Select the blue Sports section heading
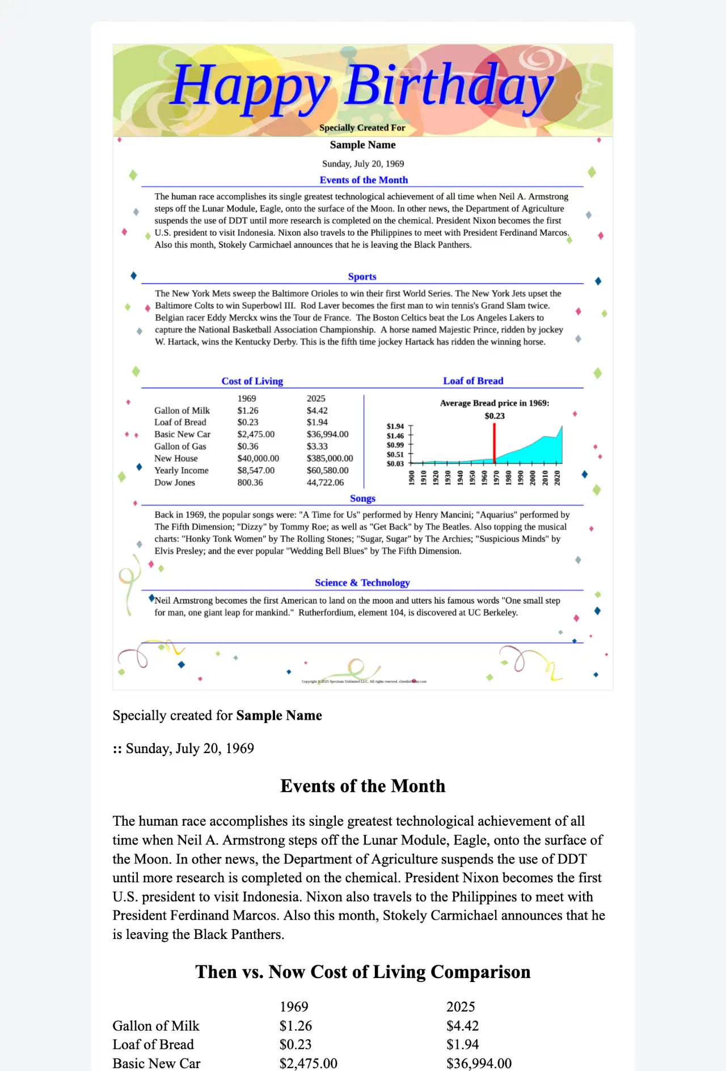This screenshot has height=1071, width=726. point(362,277)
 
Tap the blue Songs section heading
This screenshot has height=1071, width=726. point(362,498)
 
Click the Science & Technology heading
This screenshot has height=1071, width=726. point(362,583)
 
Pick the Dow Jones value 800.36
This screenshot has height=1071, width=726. point(250,482)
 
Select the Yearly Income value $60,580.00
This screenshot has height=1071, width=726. point(327,470)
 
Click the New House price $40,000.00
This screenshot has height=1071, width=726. point(258,458)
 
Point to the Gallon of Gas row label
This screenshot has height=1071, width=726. point(180,447)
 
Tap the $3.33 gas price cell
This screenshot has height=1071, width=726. point(317,447)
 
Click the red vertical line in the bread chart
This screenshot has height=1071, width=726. point(495,443)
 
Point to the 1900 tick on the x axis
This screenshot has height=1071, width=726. point(412,477)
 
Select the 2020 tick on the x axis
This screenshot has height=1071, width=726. point(557,477)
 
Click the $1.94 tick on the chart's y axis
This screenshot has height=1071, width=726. point(395,426)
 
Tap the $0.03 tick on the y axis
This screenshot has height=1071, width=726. point(395,464)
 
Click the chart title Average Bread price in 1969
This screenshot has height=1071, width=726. point(495,403)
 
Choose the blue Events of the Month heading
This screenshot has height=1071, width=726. point(364,180)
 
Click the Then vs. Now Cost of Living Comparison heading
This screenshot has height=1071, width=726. point(363,972)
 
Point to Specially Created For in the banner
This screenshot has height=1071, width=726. point(362,127)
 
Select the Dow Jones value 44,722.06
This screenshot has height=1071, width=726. point(325,482)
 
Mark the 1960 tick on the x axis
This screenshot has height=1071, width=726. point(484,477)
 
